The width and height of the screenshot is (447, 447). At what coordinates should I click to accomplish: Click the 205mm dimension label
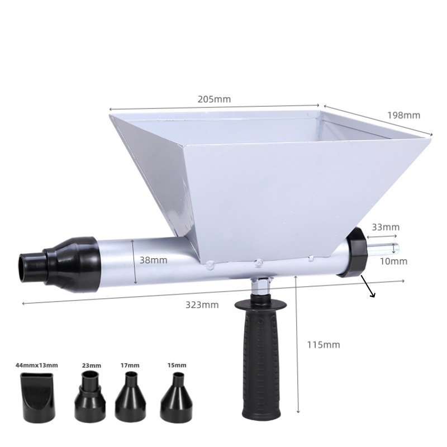214,99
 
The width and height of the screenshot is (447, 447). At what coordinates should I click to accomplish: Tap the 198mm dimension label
403,115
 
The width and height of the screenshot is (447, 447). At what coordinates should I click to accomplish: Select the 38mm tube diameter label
153,260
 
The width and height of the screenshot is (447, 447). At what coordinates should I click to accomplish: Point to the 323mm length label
202,305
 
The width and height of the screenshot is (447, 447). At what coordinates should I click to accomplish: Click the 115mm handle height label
324,345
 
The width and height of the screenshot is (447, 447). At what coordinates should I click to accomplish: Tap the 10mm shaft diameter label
393,261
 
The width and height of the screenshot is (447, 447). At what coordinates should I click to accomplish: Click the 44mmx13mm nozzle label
37,365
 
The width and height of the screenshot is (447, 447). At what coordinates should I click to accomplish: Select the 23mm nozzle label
92,365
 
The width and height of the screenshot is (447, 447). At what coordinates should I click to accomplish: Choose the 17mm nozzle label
130,365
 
